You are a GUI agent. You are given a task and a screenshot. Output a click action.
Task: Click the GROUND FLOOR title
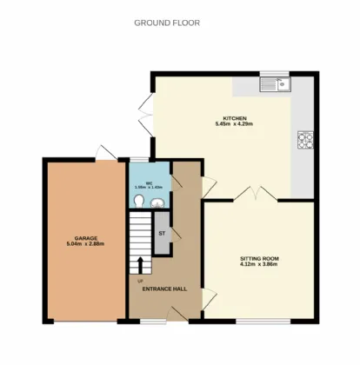coord(166,23)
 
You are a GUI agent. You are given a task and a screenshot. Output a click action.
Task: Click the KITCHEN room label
coord(236,118)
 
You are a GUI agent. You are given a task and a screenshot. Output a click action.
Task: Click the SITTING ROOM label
coord(259,258)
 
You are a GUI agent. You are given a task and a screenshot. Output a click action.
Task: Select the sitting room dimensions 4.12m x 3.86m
coord(259,264)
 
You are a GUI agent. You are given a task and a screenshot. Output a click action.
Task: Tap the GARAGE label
coord(84,238)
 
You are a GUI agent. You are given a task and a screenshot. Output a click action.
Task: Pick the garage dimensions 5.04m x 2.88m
coord(84,244)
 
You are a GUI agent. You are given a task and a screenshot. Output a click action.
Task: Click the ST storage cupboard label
coord(162,234)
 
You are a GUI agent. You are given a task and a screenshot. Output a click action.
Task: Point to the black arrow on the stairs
coord(139,264)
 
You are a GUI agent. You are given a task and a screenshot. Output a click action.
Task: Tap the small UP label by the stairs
coord(138,280)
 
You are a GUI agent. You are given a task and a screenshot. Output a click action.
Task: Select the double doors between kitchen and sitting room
coord(253,193)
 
